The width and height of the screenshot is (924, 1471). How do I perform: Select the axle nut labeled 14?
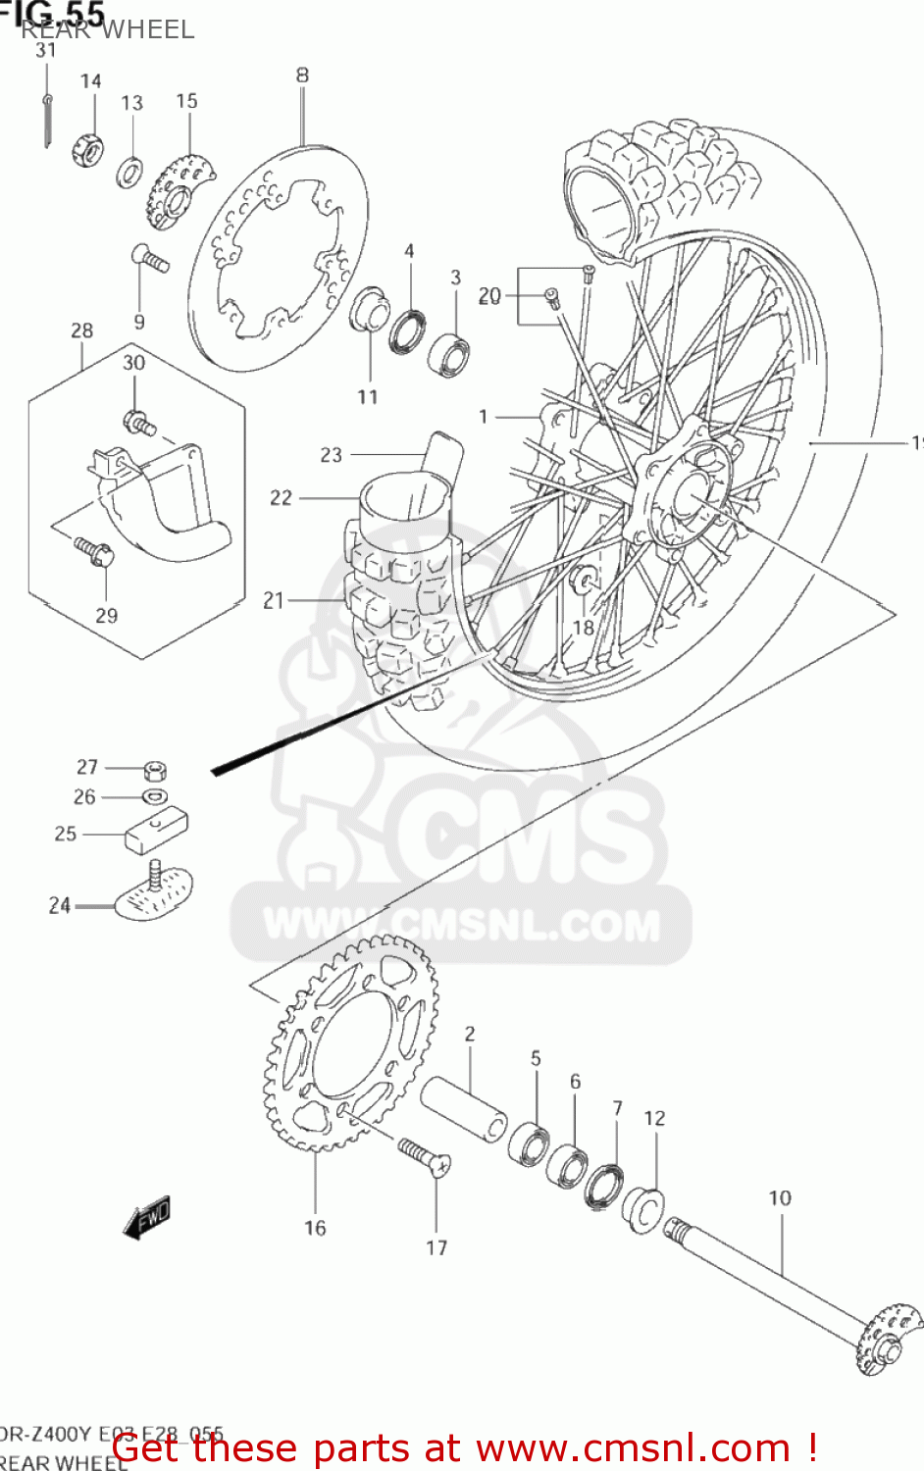click(85, 150)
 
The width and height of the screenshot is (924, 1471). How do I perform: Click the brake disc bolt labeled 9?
click(149, 258)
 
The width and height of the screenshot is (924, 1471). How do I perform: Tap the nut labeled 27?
click(154, 769)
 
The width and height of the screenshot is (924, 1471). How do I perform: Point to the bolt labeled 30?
click(138, 424)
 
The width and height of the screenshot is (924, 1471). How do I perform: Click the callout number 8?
click(302, 75)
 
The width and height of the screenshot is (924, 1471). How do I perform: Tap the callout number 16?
click(315, 1228)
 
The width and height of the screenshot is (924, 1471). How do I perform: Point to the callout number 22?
click(281, 498)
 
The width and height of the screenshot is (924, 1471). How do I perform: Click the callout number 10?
click(780, 1197)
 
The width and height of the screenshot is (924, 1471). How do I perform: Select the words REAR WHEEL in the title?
click(108, 30)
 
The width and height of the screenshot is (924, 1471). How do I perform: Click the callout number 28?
click(82, 331)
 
